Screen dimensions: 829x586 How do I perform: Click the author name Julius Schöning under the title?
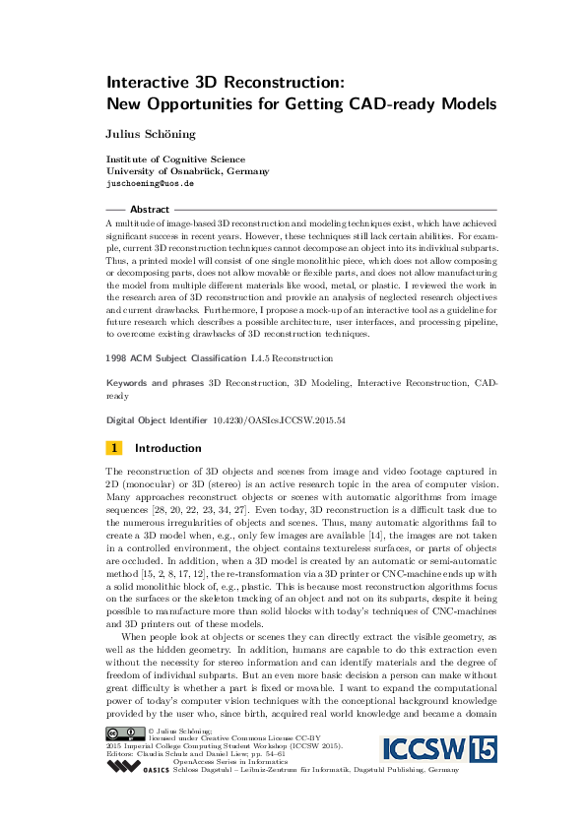coord(152,132)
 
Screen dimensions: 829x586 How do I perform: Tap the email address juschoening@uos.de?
coord(150,183)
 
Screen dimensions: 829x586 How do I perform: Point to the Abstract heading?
coord(150,210)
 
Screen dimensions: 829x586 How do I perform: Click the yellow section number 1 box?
coord(113,448)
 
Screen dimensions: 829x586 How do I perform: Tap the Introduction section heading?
coord(168,448)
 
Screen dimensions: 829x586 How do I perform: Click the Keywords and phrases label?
coord(155,382)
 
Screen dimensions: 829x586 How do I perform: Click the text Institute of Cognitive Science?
coord(175,159)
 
